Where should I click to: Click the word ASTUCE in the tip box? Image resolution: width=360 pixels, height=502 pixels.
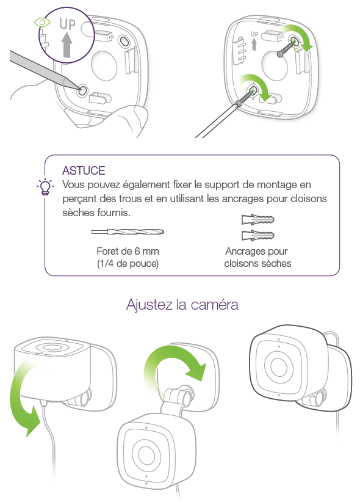84,170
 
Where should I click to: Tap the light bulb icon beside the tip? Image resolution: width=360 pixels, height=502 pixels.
45,187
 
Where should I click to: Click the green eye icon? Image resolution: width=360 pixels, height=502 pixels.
42,23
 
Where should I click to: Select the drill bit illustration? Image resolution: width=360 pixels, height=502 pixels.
128,231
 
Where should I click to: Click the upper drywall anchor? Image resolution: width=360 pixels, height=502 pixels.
258,220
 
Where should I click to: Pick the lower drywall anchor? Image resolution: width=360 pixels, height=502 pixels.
258,235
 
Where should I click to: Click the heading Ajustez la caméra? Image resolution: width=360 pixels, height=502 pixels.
182,305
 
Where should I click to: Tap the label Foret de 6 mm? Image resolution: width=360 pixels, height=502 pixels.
128,252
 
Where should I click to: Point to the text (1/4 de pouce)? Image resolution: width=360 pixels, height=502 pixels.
128,263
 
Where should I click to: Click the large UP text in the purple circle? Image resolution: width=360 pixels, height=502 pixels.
68,24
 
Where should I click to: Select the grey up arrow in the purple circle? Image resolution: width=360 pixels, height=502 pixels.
67,45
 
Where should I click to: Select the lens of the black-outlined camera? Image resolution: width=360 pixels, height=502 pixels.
279,365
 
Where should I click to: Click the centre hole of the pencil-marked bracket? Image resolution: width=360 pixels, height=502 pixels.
104,65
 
